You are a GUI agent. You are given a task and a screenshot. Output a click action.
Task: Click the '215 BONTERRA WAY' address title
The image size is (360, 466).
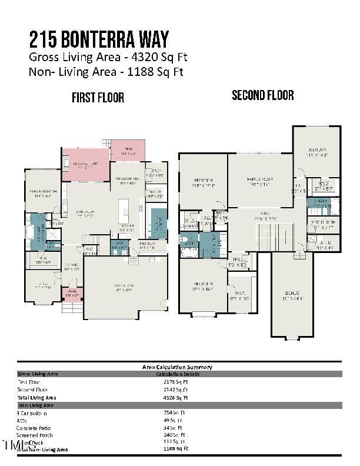coord(99,39)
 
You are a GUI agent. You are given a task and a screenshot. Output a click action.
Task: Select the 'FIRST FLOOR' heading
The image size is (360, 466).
coord(98,98)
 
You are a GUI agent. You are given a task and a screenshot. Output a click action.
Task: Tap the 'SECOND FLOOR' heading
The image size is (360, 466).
coord(263,95)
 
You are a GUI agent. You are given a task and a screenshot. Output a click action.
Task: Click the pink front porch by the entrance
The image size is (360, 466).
coord(73,292)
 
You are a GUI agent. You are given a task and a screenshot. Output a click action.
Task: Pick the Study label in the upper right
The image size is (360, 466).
coord(155,174)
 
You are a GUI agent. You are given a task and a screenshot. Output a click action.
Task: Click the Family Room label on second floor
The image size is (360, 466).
coord(260,181)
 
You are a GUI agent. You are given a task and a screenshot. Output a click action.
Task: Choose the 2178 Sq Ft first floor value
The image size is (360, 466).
coord(176,381)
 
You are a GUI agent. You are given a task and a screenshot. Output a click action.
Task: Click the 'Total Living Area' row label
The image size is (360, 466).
coord(39,398)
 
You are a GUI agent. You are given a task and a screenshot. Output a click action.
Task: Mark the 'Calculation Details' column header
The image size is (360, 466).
coord(177,374)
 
